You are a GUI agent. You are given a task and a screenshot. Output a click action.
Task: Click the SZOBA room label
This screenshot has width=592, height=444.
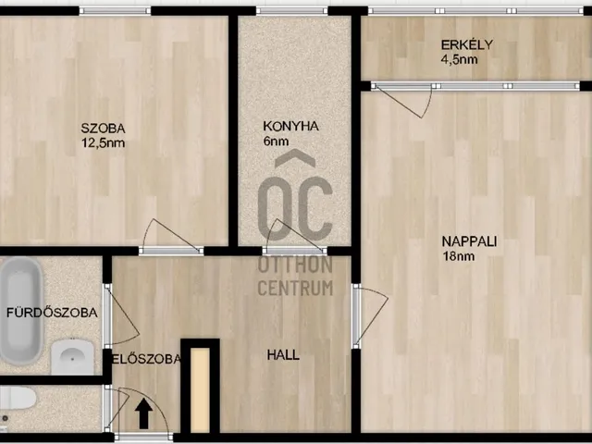click(x=103, y=129)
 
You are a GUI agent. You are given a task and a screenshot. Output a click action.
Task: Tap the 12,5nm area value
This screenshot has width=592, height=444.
click(x=103, y=143)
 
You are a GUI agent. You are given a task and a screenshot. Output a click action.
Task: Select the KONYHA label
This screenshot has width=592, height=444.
click(x=290, y=126)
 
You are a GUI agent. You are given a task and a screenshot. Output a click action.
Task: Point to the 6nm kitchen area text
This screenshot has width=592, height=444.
click(x=276, y=142)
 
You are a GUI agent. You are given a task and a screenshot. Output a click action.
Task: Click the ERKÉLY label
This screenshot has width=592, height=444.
click(x=467, y=44)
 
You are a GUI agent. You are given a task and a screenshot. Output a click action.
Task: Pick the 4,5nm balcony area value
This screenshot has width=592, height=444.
click(x=460, y=59)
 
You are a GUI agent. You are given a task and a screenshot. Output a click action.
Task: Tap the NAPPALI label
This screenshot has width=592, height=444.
click(x=469, y=241)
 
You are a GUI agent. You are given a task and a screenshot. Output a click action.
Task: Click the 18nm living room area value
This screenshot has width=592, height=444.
click(x=459, y=256)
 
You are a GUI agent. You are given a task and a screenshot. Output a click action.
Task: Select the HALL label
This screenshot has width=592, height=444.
click(x=283, y=355)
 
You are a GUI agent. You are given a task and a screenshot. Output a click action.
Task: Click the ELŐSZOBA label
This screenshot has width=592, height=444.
click(x=146, y=359)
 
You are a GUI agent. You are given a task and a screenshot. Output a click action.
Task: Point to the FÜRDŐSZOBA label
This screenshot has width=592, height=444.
click(x=52, y=313)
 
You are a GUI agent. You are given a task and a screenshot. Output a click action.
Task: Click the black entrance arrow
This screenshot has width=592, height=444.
click(x=144, y=414)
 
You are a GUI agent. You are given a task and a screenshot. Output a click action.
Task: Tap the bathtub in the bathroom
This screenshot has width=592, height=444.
click(x=20, y=311)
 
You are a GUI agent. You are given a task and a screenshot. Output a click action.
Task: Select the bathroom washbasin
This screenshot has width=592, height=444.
click(x=72, y=356)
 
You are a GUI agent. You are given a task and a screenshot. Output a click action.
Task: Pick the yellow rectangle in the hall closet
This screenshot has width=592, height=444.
click(x=200, y=390)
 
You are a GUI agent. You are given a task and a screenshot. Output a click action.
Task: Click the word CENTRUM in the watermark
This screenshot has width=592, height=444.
click(x=295, y=288)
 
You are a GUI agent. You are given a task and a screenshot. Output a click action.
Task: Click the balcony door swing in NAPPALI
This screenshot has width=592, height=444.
click(x=402, y=101)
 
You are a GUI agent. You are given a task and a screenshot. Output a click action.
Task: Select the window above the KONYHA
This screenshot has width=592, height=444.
click(x=292, y=10)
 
